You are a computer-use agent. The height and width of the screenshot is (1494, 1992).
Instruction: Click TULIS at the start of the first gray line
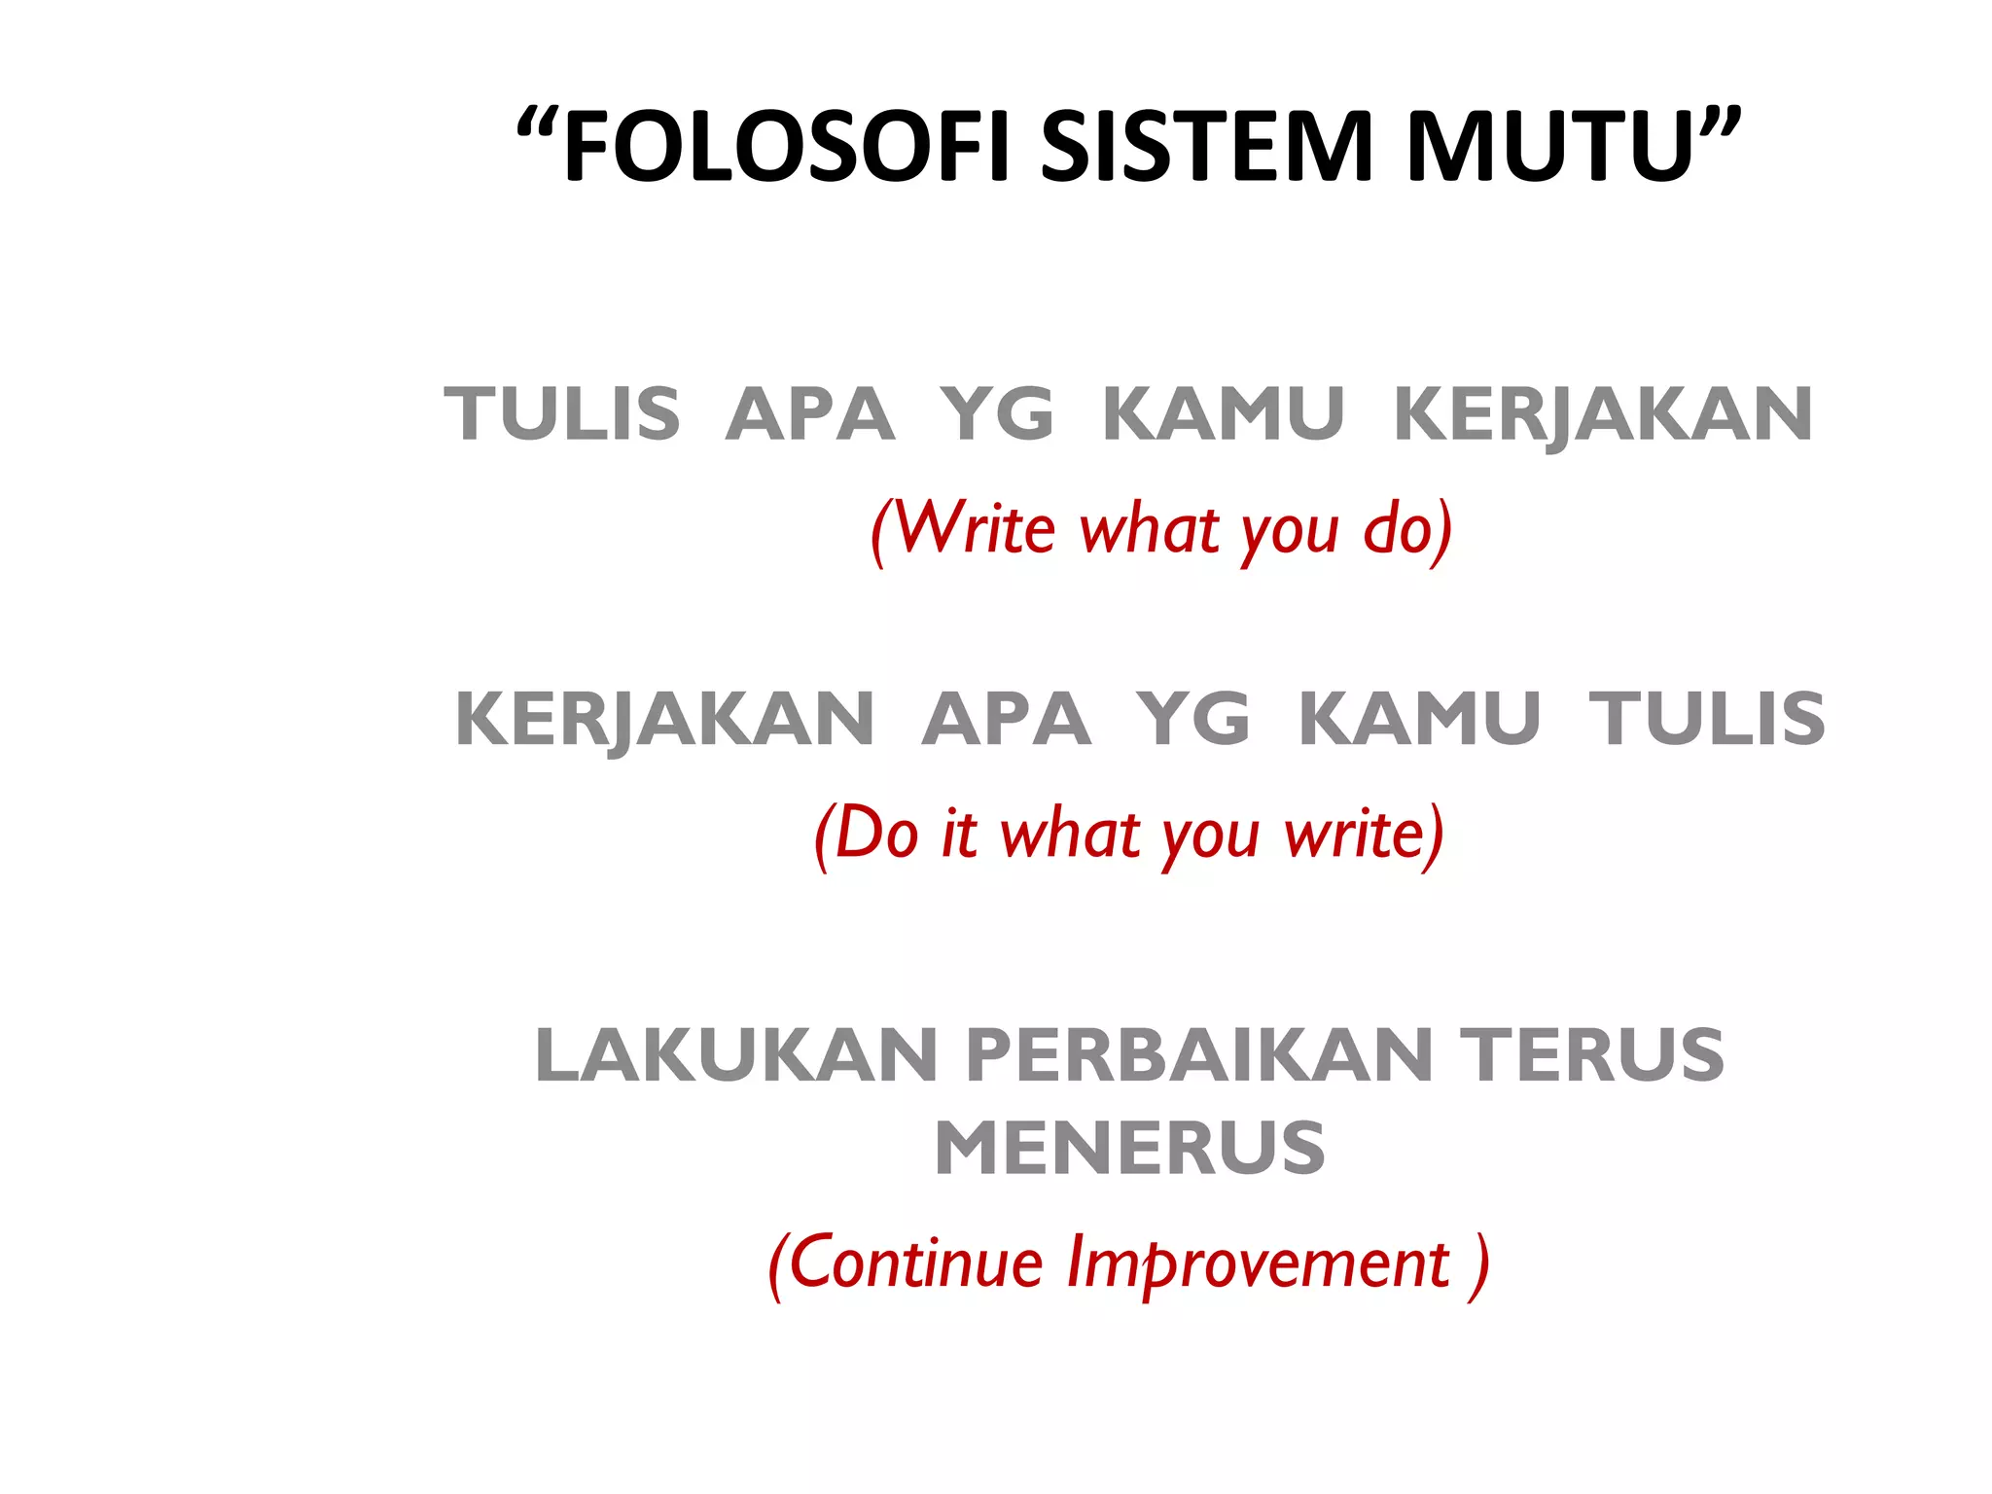[x=562, y=414]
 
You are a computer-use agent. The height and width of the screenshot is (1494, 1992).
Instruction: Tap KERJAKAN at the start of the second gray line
[x=665, y=721]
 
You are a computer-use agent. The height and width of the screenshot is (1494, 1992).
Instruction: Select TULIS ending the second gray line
[x=1707, y=719]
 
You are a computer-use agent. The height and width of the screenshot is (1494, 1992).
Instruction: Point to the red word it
[x=959, y=834]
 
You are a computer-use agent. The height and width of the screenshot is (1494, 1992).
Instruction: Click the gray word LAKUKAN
[x=736, y=1055]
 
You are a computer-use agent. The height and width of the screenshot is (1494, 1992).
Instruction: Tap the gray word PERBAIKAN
[x=1200, y=1055]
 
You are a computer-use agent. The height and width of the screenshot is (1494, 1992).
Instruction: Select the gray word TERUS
[x=1595, y=1055]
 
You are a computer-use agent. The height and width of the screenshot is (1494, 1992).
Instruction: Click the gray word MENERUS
[x=1129, y=1149]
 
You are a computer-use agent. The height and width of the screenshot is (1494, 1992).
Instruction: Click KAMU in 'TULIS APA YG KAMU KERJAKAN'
[x=1223, y=414]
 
